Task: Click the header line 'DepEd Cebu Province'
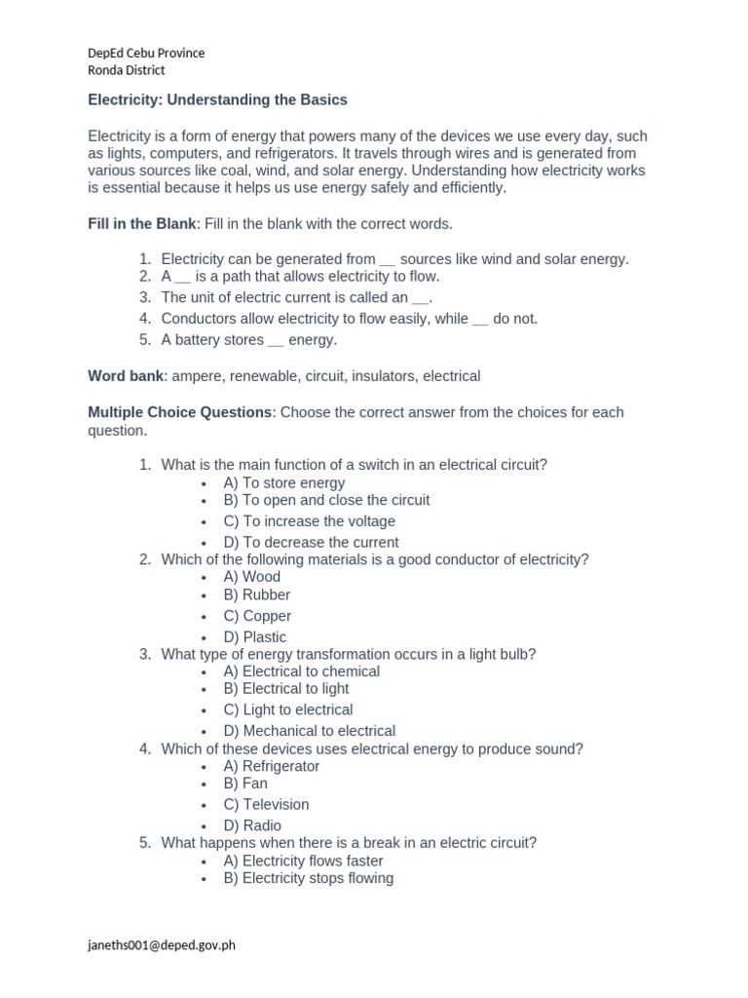146,53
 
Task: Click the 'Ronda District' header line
127,70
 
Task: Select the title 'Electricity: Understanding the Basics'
217,99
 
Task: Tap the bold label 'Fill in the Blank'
142,224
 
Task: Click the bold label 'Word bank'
126,376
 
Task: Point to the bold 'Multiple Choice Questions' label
180,412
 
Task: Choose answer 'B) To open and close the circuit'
326,500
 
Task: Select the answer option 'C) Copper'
257,616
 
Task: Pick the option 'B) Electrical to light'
285,689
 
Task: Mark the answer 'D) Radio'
252,825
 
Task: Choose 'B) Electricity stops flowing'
308,878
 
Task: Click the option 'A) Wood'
251,577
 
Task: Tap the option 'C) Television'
266,804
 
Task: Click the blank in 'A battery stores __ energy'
276,341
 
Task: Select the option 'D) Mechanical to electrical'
309,731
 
